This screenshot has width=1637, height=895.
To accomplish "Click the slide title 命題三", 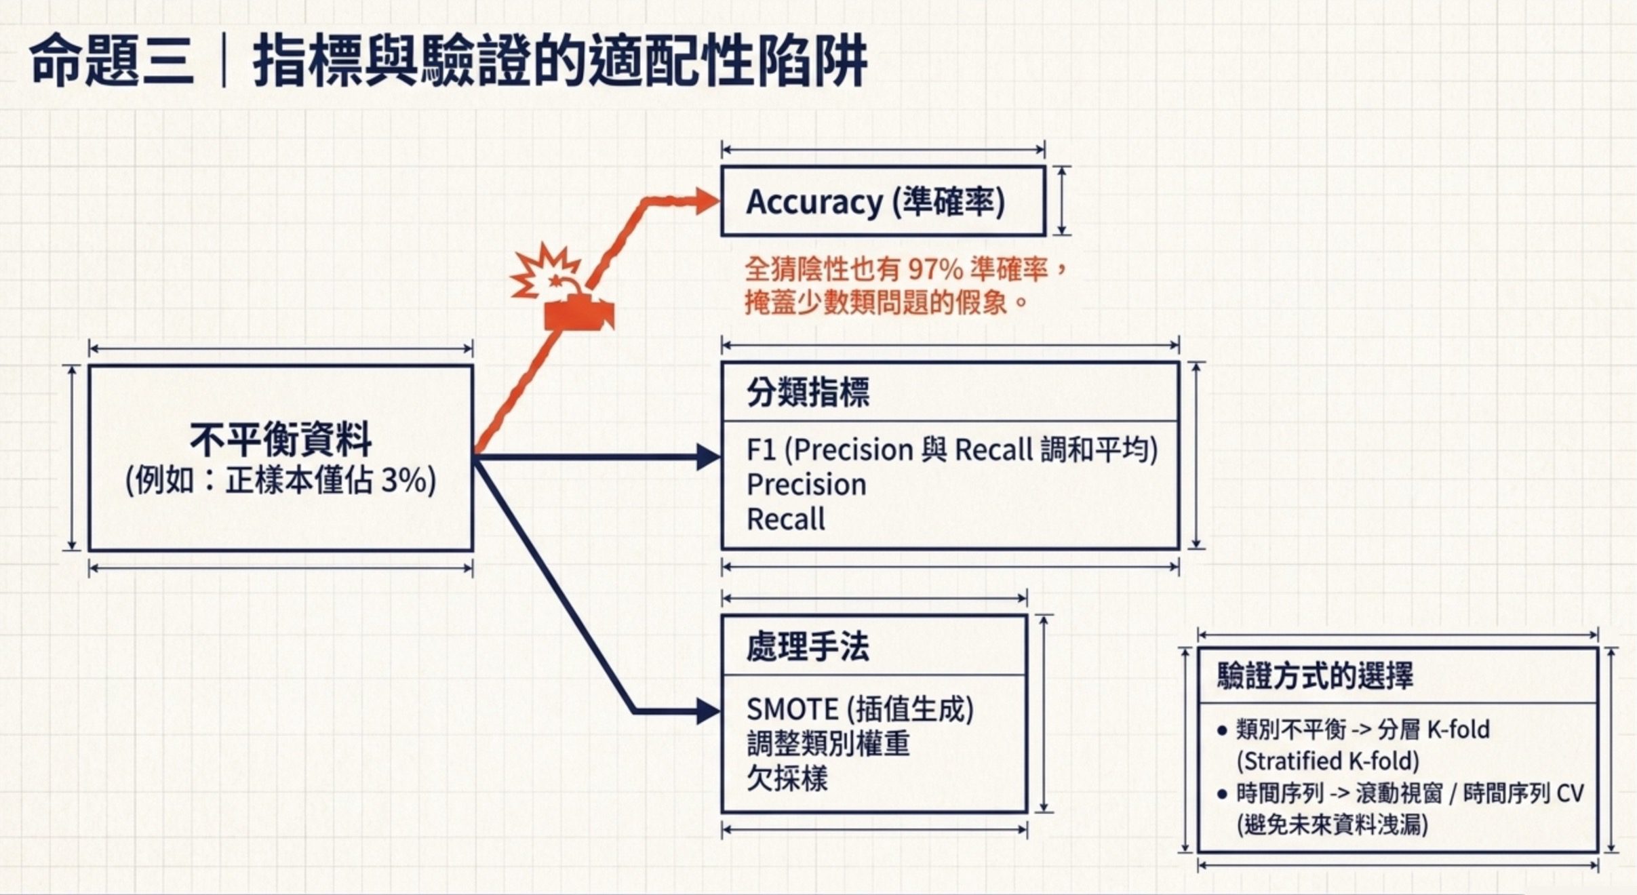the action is (112, 61).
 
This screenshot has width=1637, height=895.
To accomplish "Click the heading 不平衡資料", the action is (281, 439).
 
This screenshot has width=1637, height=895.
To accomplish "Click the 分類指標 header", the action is (808, 392).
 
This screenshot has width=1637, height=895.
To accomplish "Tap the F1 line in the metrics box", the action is (952, 450).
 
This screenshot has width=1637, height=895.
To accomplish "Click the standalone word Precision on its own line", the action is (806, 485).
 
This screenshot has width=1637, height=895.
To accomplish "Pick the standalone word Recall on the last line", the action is (785, 519).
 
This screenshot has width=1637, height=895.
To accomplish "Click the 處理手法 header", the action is (808, 646).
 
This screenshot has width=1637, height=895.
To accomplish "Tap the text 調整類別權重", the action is (828, 744).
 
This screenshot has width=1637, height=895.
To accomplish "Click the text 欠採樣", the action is (787, 778).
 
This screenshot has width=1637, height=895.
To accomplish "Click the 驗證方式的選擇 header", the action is (1315, 675).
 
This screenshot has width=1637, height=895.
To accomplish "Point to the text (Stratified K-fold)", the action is (1328, 761).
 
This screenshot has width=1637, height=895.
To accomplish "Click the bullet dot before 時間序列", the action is (1222, 794).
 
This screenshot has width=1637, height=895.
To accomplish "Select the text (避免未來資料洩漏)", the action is (1333, 824).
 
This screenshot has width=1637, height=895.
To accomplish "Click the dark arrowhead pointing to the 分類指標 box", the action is (708, 457).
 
